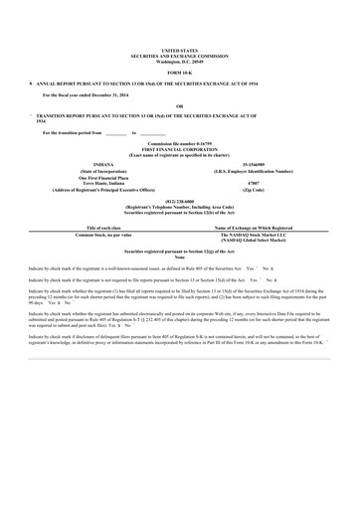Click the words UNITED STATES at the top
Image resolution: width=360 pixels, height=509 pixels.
179,47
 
